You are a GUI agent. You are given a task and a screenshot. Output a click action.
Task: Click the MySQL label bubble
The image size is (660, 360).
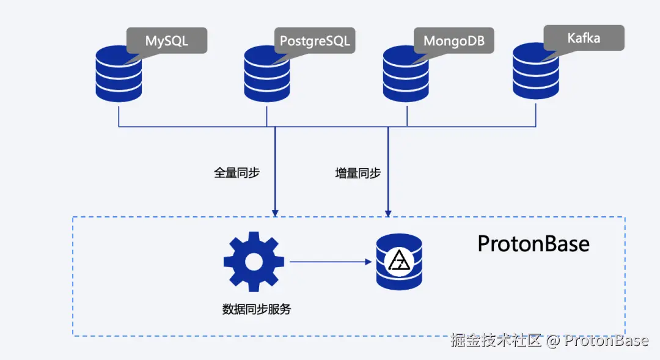pos(167,40)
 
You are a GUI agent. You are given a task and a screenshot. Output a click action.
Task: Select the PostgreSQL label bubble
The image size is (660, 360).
pos(315,40)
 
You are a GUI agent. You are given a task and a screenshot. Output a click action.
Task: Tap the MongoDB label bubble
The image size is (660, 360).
pos(453,40)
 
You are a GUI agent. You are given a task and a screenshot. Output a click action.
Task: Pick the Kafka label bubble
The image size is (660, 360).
pos(584,38)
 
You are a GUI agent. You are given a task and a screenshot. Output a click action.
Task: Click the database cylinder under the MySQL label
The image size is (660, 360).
pos(119,74)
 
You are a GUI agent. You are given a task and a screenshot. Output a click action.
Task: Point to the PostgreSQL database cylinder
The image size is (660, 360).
pos(267,74)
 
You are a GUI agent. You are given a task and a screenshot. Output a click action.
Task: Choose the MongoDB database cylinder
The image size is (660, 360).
pos(406,74)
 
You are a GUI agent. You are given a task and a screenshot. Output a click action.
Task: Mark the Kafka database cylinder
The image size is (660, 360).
pos(536,71)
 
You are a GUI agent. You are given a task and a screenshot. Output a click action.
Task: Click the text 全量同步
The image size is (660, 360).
pos(237,172)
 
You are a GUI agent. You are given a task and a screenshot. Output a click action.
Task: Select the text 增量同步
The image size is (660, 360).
pos(358,173)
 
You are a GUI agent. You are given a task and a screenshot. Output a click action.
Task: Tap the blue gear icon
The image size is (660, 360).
pos(254,262)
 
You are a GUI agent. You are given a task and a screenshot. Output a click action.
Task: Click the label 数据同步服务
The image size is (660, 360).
pos(257,309)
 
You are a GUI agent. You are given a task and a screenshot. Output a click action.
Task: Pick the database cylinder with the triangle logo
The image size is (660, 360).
pos(399,262)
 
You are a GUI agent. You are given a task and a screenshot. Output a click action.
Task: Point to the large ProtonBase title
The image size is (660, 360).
pos(533,244)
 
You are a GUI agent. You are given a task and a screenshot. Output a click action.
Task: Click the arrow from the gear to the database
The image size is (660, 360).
pos(331,262)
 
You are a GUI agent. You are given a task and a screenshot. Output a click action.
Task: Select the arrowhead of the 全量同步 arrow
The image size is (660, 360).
pos(275,213)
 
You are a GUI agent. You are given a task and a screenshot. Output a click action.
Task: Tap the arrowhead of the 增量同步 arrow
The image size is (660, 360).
pos(388,213)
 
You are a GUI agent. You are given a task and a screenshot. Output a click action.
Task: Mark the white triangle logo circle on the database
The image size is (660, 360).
pos(399,262)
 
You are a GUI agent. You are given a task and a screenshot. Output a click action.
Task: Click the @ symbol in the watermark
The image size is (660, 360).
pos(552,340)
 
